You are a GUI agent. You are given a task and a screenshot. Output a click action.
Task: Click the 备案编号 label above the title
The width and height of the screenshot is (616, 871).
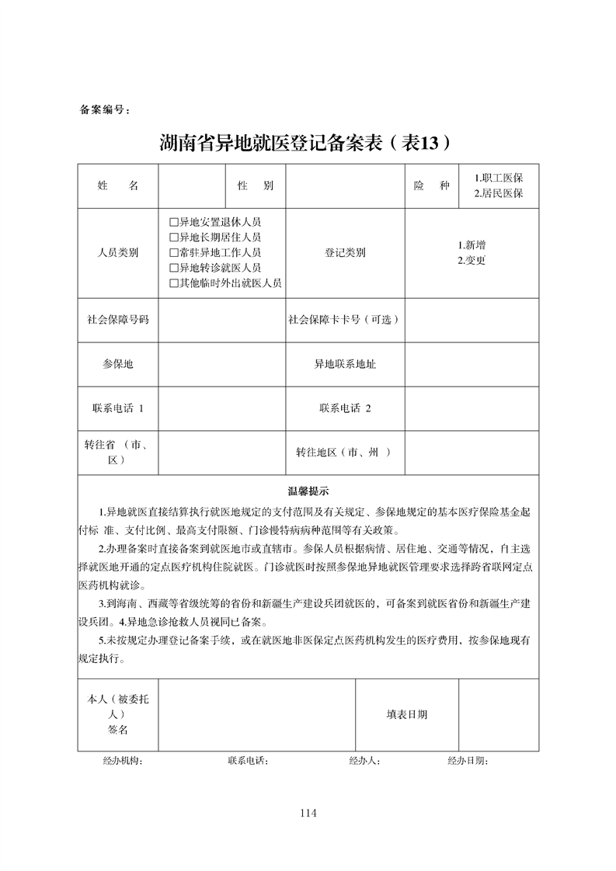click(106, 109)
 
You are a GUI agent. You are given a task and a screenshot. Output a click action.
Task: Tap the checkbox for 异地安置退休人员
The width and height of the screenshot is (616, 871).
click(174, 222)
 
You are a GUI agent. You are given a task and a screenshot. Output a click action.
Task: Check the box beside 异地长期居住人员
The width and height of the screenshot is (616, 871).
click(174, 238)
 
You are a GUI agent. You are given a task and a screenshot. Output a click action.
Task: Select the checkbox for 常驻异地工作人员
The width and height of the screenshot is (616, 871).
click(174, 252)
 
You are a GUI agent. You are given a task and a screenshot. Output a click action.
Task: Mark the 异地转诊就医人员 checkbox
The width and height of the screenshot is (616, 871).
click(174, 268)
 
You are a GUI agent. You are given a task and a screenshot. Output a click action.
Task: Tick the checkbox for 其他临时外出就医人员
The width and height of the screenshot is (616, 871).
click(174, 283)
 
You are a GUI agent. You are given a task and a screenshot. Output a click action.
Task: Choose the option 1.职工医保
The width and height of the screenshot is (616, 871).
click(499, 178)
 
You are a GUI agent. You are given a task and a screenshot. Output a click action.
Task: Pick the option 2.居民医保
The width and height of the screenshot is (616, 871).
click(499, 193)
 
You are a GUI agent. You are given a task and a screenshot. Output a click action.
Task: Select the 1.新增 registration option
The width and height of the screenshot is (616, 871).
click(472, 245)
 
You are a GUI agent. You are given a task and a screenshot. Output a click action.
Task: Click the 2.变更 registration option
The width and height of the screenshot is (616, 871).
click(472, 260)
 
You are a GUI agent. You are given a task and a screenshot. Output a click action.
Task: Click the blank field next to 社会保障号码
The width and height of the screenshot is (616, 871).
click(221, 319)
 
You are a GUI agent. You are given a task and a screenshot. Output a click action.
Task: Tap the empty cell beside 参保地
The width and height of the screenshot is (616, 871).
click(221, 364)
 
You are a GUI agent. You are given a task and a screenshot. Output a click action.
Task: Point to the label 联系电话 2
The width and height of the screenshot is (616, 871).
click(345, 408)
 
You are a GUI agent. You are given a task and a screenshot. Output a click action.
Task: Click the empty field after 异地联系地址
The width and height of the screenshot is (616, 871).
click(472, 364)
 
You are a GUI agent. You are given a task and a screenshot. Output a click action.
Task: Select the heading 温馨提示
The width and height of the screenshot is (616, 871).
click(308, 491)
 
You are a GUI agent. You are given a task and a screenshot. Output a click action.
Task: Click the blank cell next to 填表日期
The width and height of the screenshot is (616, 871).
click(498, 715)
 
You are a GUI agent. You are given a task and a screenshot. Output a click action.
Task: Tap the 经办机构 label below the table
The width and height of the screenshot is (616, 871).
click(122, 760)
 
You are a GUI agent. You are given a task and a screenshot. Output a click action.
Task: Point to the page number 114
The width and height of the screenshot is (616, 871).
click(308, 813)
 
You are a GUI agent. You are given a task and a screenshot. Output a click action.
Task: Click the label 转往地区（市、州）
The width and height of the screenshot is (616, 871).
click(345, 453)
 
